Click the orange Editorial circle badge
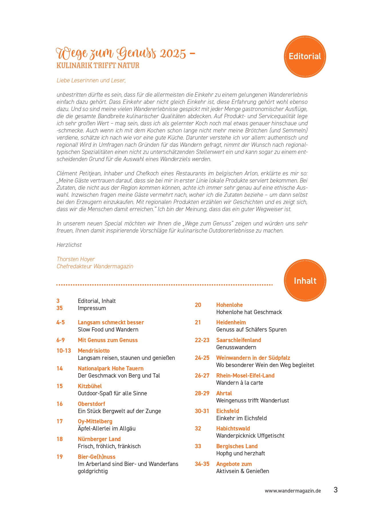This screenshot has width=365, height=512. coord(305,56)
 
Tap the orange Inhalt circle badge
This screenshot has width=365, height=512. coord(305,280)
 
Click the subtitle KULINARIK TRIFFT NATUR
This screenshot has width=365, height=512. coord(98,66)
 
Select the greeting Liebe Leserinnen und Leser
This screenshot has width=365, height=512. coord(91,80)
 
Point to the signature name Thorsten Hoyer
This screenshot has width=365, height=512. coord(76,259)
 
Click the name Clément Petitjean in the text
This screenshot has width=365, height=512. coord(78,173)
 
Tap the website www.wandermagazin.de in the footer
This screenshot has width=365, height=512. coord(293,491)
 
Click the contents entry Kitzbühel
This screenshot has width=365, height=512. coord(90,386)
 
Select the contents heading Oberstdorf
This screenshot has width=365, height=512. coord(91,404)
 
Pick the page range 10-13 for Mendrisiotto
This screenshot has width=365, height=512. coord(64,351)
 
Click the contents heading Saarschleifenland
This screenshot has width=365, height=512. coord(238,340)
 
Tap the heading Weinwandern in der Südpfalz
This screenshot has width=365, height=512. coord(253,358)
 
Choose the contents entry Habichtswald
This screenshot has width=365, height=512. coord(233,428)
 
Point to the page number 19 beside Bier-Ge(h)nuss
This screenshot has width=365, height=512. coord(59,457)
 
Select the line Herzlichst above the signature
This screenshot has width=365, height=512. coord(69,245)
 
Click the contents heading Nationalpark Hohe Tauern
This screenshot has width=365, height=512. coord(110,368)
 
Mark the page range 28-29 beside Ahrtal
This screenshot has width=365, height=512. coord(202,393)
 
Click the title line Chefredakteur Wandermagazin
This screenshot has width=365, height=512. coord(95,266)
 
